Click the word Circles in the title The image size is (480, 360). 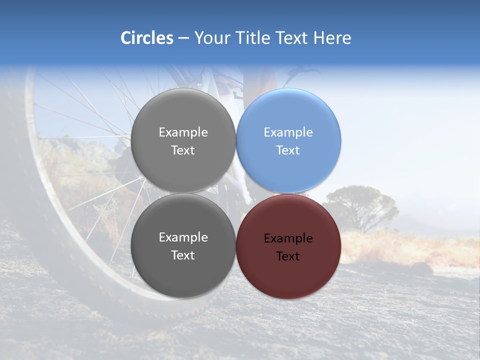point(146,38)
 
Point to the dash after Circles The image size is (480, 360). point(183,38)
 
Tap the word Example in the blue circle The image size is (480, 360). point(288,132)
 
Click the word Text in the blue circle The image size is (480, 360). point(288,150)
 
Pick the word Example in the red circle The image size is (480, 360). point(288,238)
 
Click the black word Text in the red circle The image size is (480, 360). point(288,256)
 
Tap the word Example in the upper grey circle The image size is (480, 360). point(183,132)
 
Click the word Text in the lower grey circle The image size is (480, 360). point(183,255)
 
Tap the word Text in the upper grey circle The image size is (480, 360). point(183,150)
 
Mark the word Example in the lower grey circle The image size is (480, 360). point(183,237)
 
